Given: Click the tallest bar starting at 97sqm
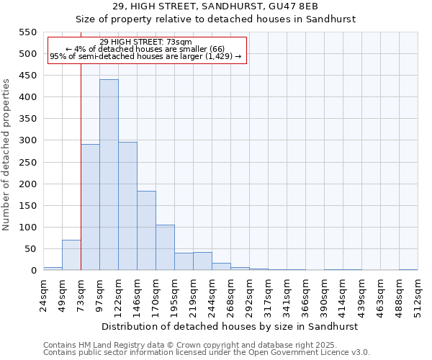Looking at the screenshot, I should tap(109, 175).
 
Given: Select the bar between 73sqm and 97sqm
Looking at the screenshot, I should tap(90, 207).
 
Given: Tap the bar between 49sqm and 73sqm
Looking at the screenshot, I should tap(71, 255).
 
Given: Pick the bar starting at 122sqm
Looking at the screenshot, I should tap(127, 206).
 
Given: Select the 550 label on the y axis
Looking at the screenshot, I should tap(27, 32).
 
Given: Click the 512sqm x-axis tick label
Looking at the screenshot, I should tap(418, 294).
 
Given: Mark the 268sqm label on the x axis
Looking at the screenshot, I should tap(230, 294).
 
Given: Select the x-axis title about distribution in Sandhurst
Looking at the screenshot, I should tap(230, 326).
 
